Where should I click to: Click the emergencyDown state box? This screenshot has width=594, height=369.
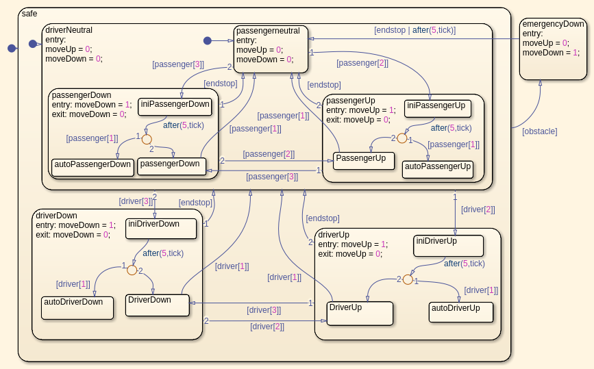click(552, 49)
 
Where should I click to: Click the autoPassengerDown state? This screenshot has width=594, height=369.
click(91, 167)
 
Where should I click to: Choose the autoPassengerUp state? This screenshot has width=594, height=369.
click(438, 169)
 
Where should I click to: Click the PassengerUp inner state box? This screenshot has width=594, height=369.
click(363, 160)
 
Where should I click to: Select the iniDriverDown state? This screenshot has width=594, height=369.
click(161, 228)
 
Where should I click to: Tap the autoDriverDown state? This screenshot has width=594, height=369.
click(77, 307)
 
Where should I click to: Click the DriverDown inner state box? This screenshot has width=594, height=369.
click(158, 305)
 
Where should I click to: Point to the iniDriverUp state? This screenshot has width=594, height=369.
click(448, 245)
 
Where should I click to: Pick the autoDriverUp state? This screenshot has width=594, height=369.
click(460, 311)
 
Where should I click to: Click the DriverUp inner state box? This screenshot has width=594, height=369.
click(360, 313)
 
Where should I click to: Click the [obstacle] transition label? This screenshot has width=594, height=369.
click(539, 131)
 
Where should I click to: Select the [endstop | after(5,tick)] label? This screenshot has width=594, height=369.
click(414, 30)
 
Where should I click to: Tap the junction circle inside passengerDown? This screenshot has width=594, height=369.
click(147, 139)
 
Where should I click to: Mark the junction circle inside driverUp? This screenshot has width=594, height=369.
click(408, 279)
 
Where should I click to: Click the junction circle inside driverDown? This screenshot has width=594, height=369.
click(132, 270)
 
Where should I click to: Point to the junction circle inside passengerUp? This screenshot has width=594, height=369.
click(402, 138)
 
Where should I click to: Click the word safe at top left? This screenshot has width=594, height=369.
click(29, 14)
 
